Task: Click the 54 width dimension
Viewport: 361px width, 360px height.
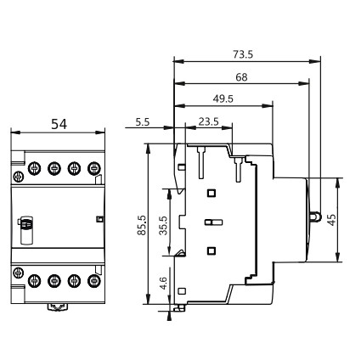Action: [59, 124]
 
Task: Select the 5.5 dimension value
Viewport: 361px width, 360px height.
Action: [143, 122]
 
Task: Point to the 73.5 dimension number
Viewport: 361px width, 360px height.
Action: [243, 55]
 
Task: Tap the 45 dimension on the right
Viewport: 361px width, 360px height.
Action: [332, 218]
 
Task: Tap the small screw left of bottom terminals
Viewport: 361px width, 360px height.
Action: [18, 272]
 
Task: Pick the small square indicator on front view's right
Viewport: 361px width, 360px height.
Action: [99, 221]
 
